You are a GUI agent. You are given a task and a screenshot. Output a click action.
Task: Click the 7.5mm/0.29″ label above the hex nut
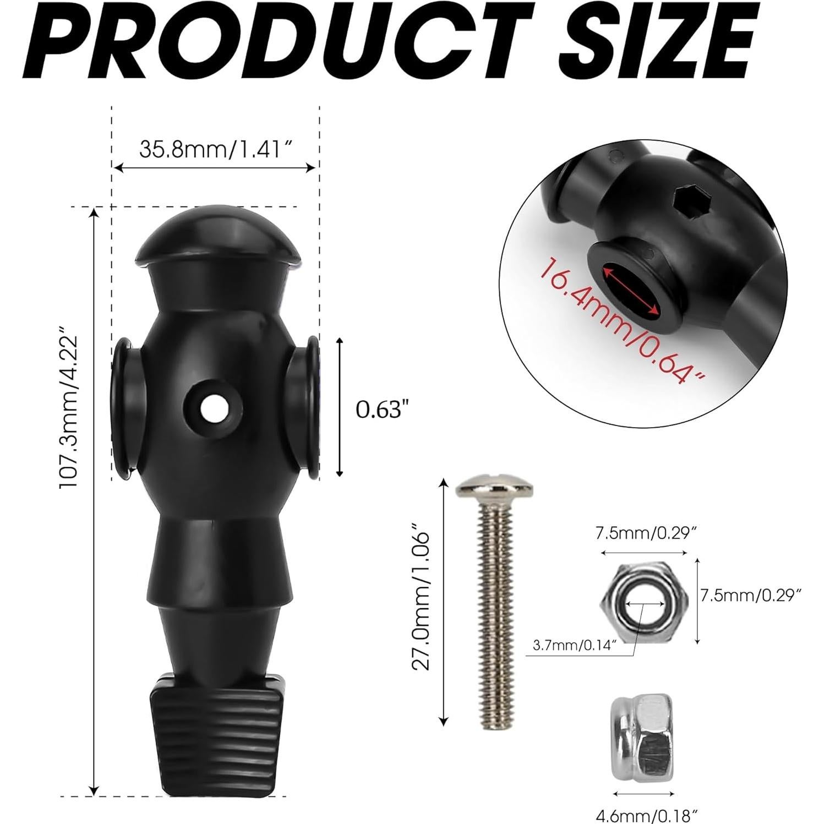[642, 533]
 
